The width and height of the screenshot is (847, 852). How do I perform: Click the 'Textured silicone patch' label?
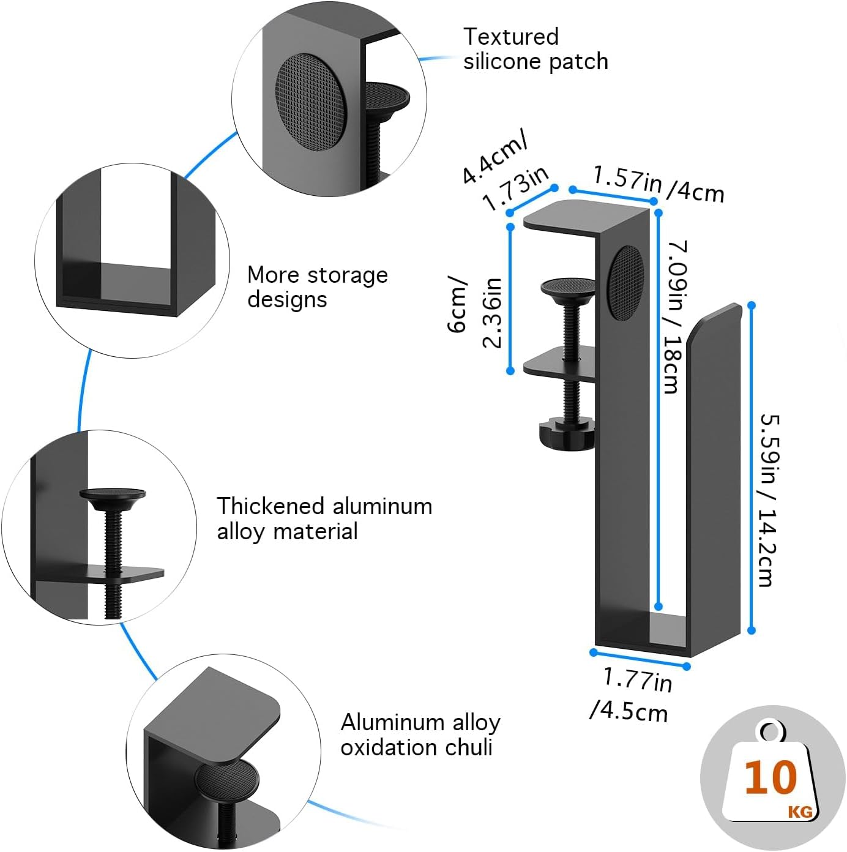pos(535,49)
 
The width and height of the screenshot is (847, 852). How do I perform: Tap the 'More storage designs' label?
pos(317,286)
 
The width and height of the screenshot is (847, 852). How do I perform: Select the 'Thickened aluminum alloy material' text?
pos(324,518)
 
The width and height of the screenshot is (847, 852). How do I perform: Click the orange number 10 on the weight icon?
pos(771,777)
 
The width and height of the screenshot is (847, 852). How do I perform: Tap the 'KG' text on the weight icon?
pos(800,812)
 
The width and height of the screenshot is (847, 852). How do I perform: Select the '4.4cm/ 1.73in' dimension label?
pos(506,174)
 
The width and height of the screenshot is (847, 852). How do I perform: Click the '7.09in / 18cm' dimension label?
pos(677,316)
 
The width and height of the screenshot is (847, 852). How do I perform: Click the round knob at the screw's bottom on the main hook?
pos(565,433)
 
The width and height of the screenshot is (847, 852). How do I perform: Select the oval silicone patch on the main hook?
pos(626,282)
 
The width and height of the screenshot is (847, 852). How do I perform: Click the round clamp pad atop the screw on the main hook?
pos(569,286)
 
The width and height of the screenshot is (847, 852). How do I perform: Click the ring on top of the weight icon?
pos(770,731)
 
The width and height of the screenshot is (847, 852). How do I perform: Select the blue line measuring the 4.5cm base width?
pos(640,659)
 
